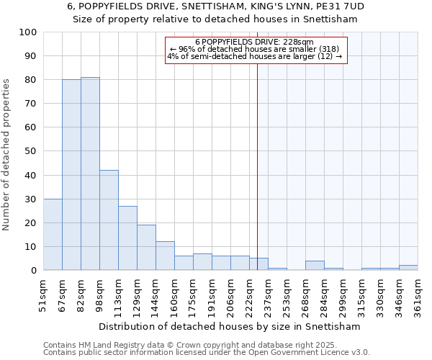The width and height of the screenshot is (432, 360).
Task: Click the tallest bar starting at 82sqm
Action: [90, 174]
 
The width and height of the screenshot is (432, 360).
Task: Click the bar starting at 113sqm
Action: [127, 238]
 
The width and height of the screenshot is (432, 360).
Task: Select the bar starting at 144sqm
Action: [165, 256]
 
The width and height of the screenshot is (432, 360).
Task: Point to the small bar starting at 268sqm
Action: [315, 266]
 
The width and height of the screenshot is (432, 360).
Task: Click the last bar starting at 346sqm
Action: [408, 268]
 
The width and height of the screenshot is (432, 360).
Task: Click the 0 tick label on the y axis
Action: [33, 271]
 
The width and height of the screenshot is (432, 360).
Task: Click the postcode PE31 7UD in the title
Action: [338, 6]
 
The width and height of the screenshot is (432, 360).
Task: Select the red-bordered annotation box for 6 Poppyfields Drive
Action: [256, 50]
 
